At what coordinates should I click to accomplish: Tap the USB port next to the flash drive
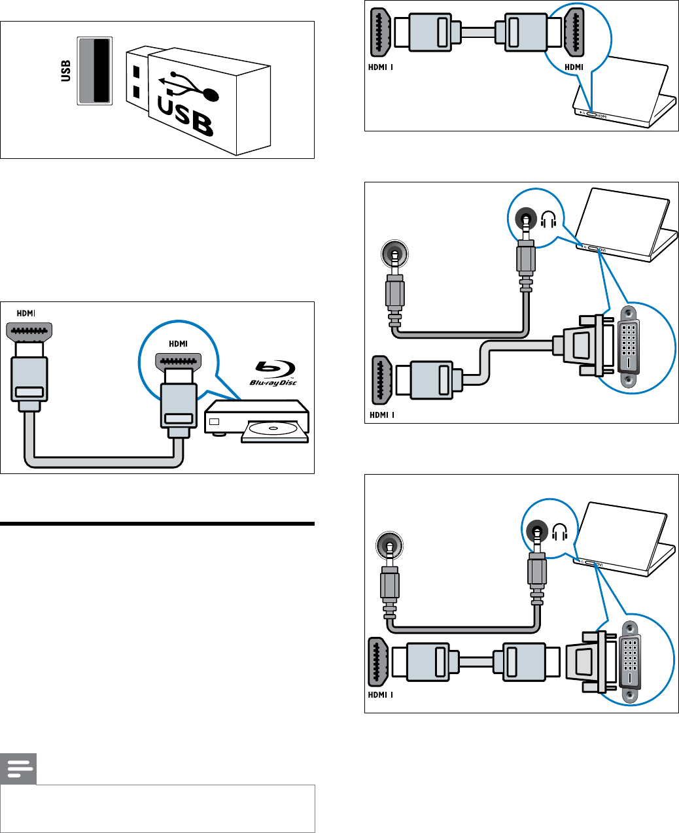pyautogui.click(x=95, y=71)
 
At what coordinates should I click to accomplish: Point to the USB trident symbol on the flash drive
pyautogui.click(x=190, y=88)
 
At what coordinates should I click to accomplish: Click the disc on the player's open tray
pyautogui.click(x=273, y=430)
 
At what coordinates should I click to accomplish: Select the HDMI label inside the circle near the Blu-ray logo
pyautogui.click(x=178, y=344)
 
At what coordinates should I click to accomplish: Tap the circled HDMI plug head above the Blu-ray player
pyautogui.click(x=178, y=360)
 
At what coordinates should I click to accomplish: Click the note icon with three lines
pyautogui.click(x=18, y=769)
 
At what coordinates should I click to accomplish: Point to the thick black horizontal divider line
pyautogui.click(x=157, y=524)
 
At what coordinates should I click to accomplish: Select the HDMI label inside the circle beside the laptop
pyautogui.click(x=574, y=67)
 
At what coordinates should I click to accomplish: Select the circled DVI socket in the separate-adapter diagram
pyautogui.click(x=630, y=660)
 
